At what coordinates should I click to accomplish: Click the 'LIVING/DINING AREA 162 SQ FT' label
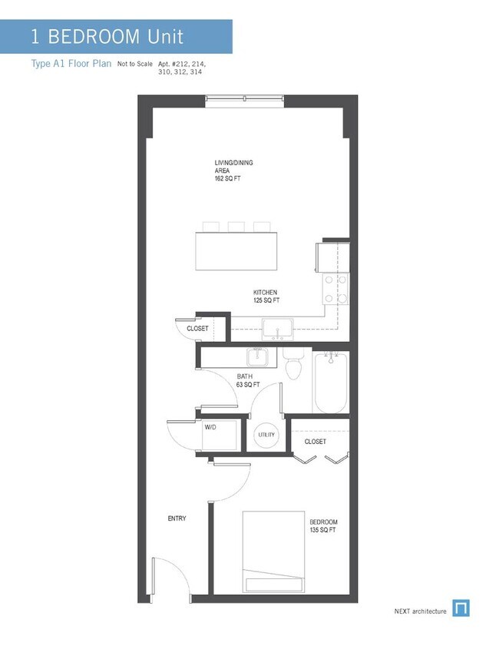pyautogui.click(x=233, y=171)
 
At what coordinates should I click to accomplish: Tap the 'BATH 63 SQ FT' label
pyautogui.click(x=249, y=380)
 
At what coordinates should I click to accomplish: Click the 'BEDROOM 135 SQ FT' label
pyautogui.click(x=322, y=527)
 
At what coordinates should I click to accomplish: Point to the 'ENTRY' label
pyautogui.click(x=177, y=518)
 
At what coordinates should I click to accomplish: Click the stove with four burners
pyautogui.click(x=335, y=289)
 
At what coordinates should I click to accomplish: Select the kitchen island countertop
pyautogui.click(x=237, y=250)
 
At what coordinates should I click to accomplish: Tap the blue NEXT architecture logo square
pyautogui.click(x=461, y=608)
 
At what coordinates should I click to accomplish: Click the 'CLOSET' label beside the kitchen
pyautogui.click(x=197, y=329)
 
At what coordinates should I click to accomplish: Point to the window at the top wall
pyautogui.click(x=246, y=99)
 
